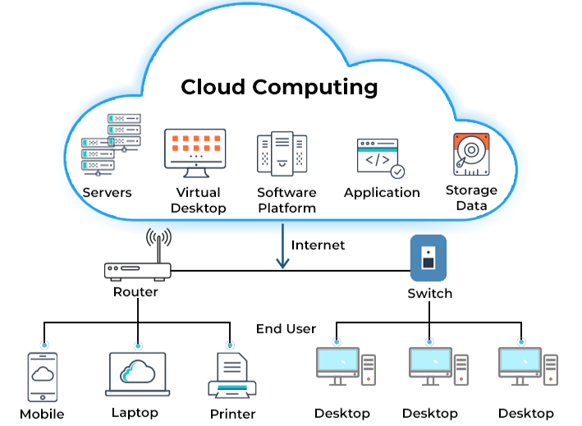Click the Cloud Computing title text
click(279, 87)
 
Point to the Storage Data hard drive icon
click(471, 153)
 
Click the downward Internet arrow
click(282, 250)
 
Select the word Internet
click(318, 245)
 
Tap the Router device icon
click(137, 269)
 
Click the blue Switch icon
click(428, 258)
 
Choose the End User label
click(286, 328)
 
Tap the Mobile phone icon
click(44, 376)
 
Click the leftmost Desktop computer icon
click(345, 367)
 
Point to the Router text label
click(135, 291)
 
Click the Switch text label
click(429, 293)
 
